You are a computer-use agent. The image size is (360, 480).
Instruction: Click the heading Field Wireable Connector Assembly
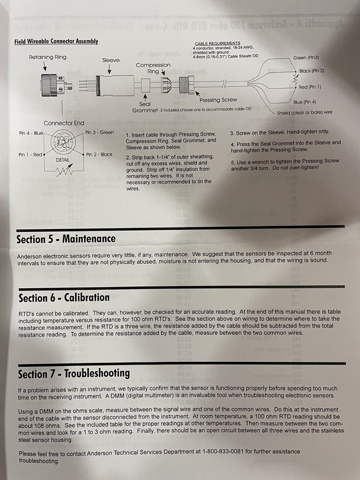click(56, 41)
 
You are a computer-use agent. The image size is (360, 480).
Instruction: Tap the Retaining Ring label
click(48, 57)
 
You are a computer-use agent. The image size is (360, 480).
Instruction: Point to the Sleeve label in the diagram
click(111, 60)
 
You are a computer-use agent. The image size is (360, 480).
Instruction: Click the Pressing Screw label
click(218, 100)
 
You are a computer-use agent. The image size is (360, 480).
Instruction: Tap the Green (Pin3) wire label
click(306, 58)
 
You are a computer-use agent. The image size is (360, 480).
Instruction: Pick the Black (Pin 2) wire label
click(312, 71)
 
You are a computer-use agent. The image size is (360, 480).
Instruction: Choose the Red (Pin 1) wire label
click(310, 87)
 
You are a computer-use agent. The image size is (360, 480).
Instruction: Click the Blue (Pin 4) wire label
click(305, 102)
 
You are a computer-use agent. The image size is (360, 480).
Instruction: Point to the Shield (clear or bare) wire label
click(304, 113)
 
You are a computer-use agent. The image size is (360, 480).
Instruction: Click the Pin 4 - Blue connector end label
click(31, 133)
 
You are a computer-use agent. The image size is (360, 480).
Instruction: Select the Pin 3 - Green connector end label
click(99, 132)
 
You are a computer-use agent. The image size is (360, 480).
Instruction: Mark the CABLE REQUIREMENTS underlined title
click(217, 43)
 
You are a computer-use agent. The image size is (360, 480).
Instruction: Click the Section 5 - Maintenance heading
click(66, 239)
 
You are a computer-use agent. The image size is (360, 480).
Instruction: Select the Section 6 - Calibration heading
click(64, 298)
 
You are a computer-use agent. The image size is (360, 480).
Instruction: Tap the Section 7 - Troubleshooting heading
click(74, 373)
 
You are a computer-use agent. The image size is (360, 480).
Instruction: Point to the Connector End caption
click(64, 123)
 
